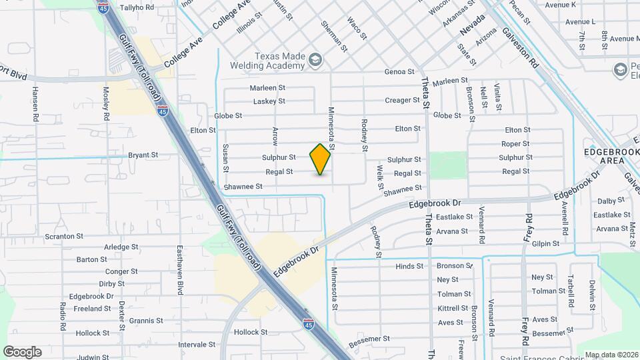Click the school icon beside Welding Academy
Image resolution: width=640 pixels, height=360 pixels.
pos(315,62)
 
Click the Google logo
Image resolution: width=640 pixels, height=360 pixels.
pos(22,352)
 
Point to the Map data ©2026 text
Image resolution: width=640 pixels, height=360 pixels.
pos(610,355)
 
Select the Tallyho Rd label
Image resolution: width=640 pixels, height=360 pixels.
pos(137,7)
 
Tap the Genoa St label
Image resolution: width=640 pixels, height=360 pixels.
pos(399,71)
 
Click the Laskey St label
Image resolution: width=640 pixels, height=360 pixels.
pos(269,101)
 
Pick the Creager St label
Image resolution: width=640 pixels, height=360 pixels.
pos(403,101)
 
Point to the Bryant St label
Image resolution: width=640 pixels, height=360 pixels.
pos(143,155)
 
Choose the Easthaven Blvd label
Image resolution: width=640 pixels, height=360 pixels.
pos(179,269)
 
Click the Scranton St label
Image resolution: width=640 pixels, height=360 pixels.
pos(64,236)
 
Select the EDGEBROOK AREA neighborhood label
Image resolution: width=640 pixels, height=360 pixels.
pos(603,156)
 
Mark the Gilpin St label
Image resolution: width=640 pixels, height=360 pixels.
pos(545,244)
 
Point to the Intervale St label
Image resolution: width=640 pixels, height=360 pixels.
pos(197,344)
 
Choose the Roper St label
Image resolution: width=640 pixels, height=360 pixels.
pos(515,143)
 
